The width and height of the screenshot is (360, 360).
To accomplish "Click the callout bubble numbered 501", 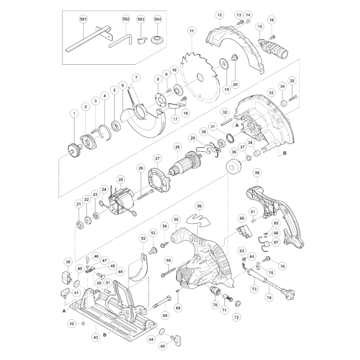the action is [83, 19].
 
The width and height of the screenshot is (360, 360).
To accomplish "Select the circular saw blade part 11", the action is [200, 77].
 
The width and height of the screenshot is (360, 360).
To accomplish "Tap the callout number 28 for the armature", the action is [177, 147].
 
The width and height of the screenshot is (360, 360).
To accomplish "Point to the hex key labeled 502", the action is [120, 41].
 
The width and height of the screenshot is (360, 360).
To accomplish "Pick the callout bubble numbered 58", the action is [257, 173].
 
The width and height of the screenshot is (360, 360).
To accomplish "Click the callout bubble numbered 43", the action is [96, 337].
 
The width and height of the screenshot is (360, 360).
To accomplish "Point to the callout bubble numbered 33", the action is [271, 93].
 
